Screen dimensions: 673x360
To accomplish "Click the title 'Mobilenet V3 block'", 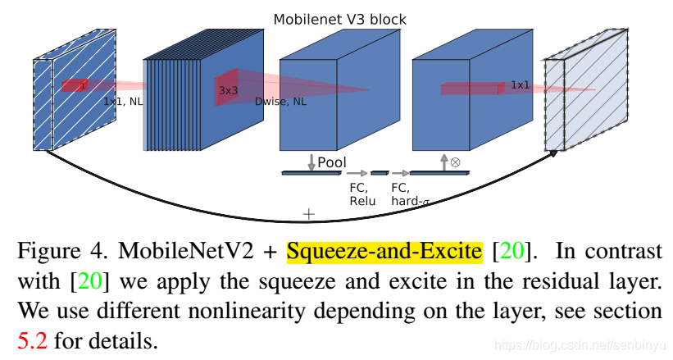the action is click(339, 19).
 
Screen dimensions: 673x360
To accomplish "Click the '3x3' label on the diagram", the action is click(228, 90).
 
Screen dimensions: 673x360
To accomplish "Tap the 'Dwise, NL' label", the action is click(280, 102).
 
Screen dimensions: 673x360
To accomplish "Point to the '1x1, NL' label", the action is click(124, 102).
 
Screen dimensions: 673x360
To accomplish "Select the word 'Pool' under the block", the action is click(331, 163).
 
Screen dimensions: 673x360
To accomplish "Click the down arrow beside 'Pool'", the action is click(311, 162).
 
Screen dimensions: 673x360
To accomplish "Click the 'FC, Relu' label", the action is click(362, 194).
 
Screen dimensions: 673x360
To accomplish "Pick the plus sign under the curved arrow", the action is click(308, 214).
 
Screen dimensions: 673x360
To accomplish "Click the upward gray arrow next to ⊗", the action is click(443, 162).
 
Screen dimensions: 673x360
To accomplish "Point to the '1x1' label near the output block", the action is click(520, 85).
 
